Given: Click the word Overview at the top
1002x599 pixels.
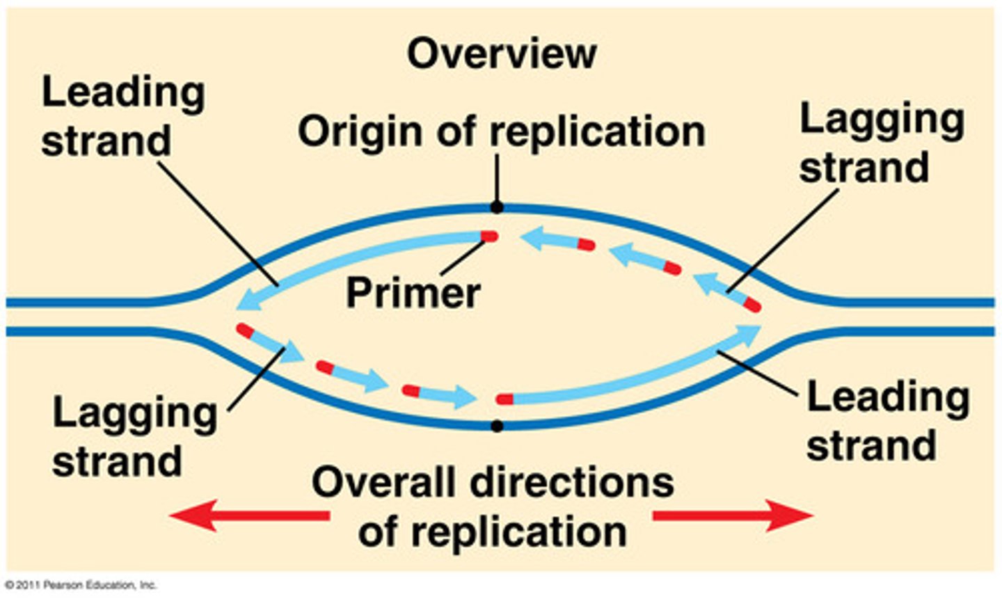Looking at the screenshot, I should pos(502,54).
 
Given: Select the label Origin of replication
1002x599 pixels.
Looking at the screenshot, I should pos(501,131).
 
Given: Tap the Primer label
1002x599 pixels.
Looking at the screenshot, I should pos(413,293).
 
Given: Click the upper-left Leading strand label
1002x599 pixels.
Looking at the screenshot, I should pos(123,116).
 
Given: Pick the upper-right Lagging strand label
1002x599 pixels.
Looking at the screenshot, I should pos(881,143).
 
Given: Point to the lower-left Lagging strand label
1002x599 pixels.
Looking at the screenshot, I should pos(134,437).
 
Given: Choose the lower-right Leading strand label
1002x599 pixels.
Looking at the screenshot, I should pos(887,420).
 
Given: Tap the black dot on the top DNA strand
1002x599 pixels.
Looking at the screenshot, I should pos(496,207).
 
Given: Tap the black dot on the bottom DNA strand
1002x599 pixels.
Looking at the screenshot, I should pos(496,426).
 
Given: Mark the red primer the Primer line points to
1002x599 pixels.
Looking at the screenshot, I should pos(489,237).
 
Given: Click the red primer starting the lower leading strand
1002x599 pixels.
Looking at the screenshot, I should pos(504,399).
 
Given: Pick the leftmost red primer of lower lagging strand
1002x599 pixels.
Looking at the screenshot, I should pos(244,330).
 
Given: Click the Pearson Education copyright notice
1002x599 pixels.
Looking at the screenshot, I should pos(81,585).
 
